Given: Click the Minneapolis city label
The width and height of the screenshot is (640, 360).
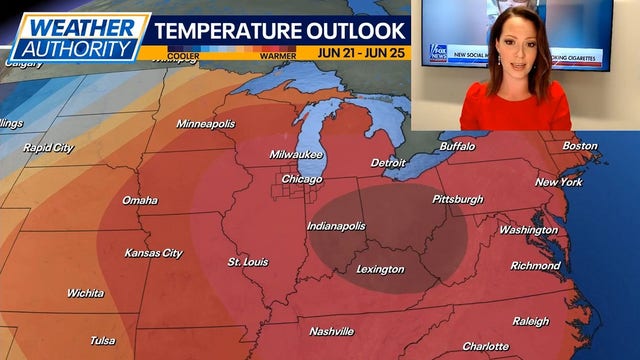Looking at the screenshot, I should [205, 124].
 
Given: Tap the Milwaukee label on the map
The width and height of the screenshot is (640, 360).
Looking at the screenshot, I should [295, 154].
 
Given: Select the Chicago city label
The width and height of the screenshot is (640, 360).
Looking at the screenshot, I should [301, 179].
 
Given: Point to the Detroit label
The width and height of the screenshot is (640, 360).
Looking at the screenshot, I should [388, 162].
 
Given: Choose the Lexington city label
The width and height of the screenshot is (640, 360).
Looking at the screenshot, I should [380, 269].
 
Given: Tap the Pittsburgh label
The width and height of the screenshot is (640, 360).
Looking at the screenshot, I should [457, 199].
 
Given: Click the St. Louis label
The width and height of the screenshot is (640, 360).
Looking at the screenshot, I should [247, 262].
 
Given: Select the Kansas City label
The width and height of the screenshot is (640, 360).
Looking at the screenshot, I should [153, 253].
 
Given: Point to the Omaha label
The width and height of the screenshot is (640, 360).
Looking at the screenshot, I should [139, 200].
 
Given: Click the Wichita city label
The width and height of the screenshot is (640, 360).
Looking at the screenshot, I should [85, 293].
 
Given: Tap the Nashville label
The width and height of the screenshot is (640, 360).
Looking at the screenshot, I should [331, 331].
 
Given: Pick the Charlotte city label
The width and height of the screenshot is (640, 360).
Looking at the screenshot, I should [485, 346].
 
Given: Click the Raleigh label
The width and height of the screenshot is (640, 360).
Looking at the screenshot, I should [530, 321].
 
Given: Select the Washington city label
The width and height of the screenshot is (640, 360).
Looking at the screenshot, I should [528, 230].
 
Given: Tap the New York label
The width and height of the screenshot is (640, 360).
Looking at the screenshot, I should [558, 182].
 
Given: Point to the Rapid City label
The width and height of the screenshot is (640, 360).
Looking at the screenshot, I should [48, 148].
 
